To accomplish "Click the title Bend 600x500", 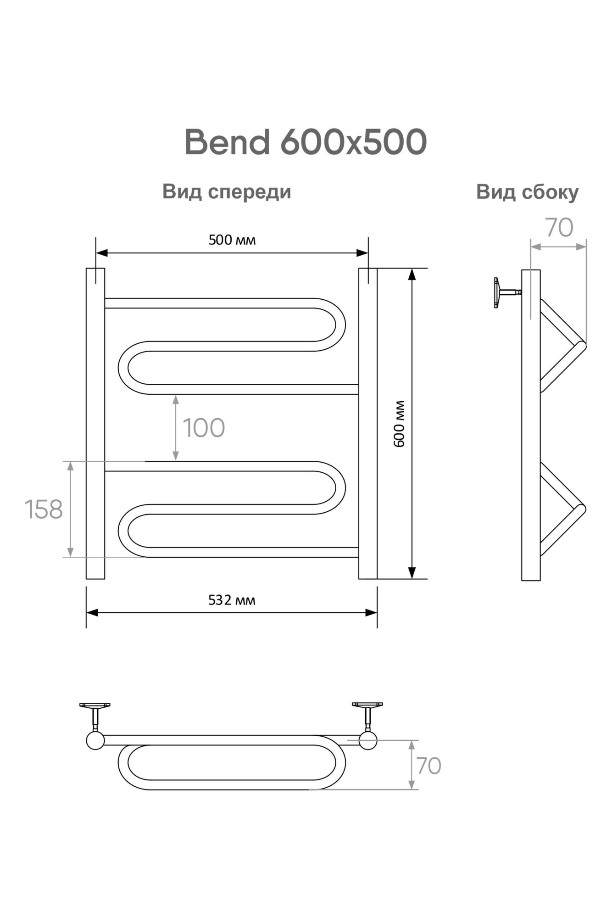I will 306,142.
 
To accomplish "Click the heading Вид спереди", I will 227,191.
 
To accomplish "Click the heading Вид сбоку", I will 527,192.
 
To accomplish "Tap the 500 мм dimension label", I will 232,240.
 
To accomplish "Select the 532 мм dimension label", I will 232,600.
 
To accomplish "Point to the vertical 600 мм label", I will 399,424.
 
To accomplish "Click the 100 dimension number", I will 204,428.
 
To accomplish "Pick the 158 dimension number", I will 43,509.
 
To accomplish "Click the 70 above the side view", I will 558,228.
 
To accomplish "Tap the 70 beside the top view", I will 428,766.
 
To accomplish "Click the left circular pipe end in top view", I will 95,740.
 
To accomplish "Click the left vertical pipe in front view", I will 95,423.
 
